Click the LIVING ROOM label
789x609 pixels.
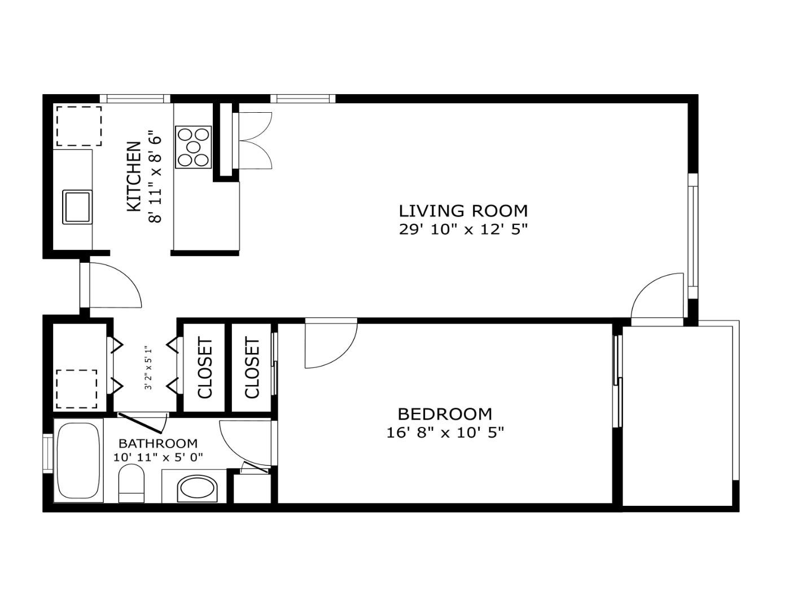pyautogui.click(x=463, y=211)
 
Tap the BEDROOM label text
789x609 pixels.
pyautogui.click(x=445, y=414)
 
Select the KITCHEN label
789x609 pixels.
pyautogui.click(x=134, y=176)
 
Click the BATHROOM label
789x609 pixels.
pyautogui.click(x=158, y=443)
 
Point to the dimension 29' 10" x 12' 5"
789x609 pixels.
pyautogui.click(x=463, y=230)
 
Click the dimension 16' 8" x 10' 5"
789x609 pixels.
pyautogui.click(x=445, y=433)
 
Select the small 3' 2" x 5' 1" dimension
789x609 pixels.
pyautogui.click(x=148, y=368)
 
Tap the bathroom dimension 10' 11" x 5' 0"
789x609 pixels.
pyautogui.click(x=158, y=457)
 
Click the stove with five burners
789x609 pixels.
pyautogui.click(x=194, y=147)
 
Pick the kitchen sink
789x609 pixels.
pyautogui.click(x=77, y=207)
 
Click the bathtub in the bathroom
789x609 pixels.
pyautogui.click(x=79, y=460)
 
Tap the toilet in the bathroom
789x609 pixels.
pyautogui.click(x=131, y=483)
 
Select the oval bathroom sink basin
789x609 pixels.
pyautogui.click(x=198, y=489)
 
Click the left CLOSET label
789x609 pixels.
pyautogui.click(x=205, y=368)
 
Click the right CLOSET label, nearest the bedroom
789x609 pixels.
pyautogui.click(x=252, y=368)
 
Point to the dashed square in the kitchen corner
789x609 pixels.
pyautogui.click(x=79, y=126)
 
